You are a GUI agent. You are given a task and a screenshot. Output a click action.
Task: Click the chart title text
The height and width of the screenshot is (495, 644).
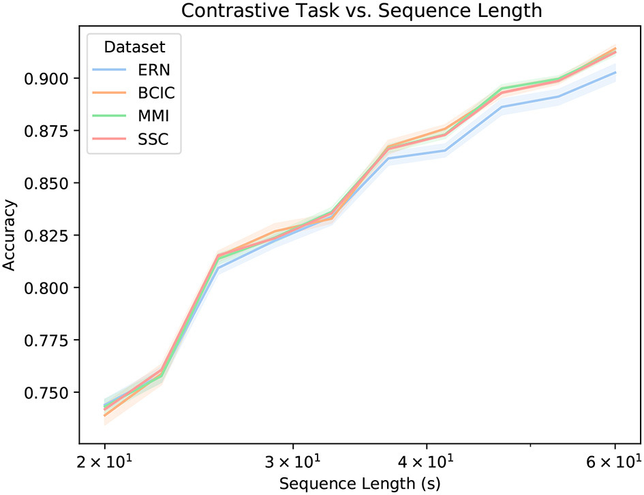point(361,11)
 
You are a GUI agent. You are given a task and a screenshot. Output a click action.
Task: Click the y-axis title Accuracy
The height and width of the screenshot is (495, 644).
point(9,235)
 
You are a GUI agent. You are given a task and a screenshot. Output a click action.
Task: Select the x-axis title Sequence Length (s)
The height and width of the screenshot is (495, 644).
point(360,483)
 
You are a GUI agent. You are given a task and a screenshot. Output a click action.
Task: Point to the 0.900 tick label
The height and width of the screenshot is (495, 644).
point(47,78)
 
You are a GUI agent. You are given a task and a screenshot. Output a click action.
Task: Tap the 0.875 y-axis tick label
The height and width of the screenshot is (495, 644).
point(47,131)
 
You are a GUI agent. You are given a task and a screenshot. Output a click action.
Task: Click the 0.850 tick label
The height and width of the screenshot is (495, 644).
point(47,183)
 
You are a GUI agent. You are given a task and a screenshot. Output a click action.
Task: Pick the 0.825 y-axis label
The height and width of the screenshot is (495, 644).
point(47,236)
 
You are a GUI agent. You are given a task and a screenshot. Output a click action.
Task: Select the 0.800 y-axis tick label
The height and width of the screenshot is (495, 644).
point(47,288)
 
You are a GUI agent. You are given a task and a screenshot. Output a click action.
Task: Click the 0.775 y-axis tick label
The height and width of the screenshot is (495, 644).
point(47,340)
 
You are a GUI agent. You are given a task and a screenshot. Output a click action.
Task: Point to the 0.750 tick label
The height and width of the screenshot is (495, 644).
point(47,393)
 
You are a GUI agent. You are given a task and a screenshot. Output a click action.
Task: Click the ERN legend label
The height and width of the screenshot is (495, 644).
point(153,70)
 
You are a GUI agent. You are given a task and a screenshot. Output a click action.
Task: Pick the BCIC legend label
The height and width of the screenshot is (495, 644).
point(157,93)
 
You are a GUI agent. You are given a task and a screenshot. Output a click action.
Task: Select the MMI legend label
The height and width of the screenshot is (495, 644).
point(153,116)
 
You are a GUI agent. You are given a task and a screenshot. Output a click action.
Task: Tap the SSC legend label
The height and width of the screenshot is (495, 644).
point(153,139)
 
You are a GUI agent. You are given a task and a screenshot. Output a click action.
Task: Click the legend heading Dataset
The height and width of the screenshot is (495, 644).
point(134,47)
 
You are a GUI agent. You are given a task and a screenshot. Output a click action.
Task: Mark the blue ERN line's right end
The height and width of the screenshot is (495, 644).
point(615,72)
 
